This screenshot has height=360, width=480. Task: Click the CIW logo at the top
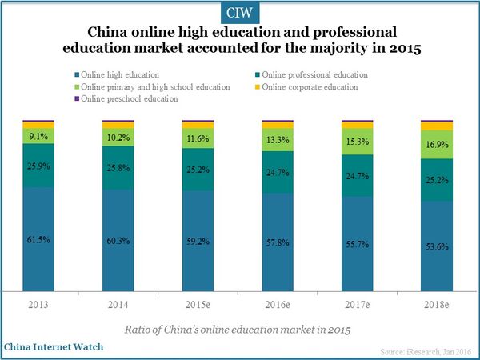pos(239,13)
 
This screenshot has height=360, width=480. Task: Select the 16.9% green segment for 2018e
pos(437,145)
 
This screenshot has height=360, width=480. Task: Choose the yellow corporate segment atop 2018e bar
pos(437,126)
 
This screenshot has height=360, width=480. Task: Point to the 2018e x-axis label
pos(437,306)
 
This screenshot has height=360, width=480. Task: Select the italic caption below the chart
pos(239,330)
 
